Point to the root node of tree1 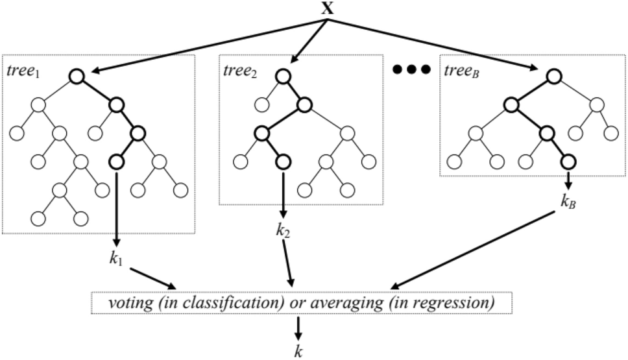click(x=77, y=77)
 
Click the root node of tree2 click(x=282, y=77)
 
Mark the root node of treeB click(x=553, y=77)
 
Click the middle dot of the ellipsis click(x=411, y=69)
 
